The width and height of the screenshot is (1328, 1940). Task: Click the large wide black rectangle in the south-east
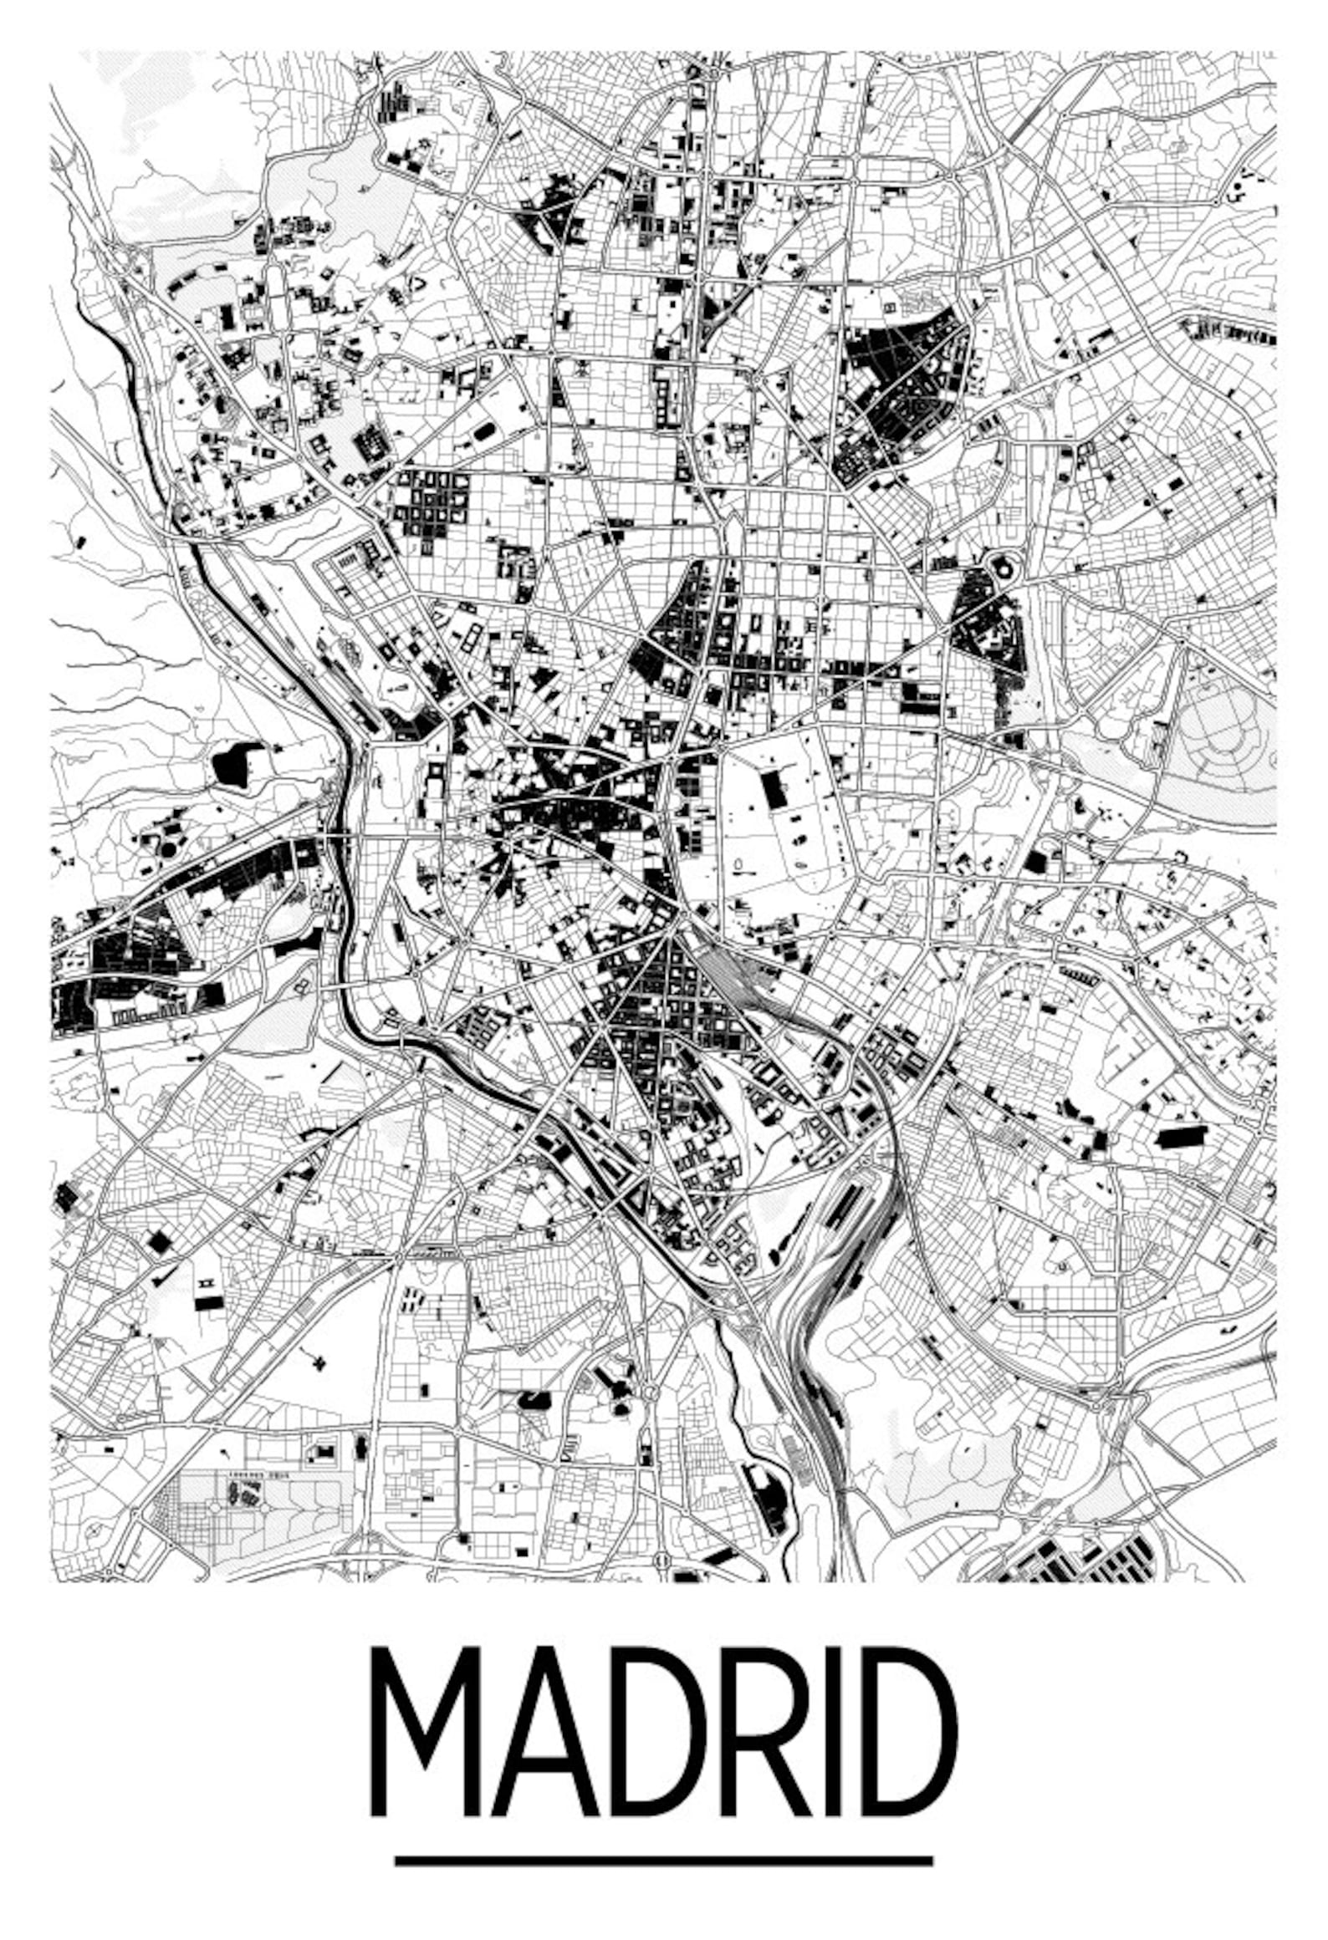tap(1182, 1138)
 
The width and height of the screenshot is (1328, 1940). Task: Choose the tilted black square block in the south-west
tap(159, 1241)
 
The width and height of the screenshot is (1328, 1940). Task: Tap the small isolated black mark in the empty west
tap(79, 542)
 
